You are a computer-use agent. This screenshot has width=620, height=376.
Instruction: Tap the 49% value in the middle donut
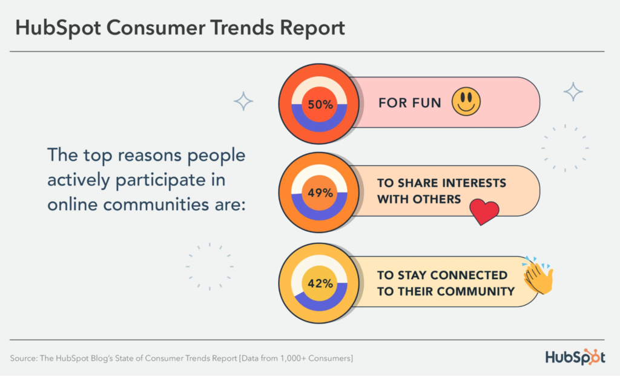(320, 193)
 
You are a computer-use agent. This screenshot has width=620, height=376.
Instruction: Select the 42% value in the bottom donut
(320, 283)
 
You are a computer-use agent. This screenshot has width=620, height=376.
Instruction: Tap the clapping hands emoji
(538, 276)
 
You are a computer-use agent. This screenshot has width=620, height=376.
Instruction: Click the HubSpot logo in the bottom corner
(575, 357)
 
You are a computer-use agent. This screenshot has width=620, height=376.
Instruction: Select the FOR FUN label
(410, 102)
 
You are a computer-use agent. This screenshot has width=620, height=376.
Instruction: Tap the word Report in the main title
(308, 28)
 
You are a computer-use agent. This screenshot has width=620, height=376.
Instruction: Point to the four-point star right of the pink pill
(573, 91)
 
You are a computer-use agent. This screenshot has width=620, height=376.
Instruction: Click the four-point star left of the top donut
(243, 101)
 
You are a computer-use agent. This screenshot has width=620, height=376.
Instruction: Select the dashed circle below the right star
(565, 148)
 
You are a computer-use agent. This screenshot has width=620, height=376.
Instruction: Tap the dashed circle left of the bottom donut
(209, 266)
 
